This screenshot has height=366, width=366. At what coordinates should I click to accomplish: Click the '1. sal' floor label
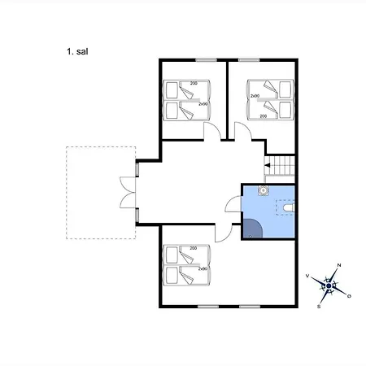(77, 50)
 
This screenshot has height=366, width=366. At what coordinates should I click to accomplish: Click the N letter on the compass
(339, 266)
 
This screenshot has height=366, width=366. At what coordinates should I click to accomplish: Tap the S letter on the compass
(320, 307)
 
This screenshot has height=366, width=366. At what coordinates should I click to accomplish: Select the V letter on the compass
(307, 277)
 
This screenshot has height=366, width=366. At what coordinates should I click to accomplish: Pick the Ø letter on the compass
(350, 295)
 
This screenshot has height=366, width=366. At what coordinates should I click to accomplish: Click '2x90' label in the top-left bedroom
(202, 103)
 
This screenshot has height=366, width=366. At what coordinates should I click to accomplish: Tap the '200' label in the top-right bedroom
(263, 116)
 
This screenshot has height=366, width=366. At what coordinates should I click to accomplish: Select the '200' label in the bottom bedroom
(194, 248)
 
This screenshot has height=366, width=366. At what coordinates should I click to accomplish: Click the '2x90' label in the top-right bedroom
(255, 97)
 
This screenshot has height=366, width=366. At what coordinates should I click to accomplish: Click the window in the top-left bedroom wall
(207, 59)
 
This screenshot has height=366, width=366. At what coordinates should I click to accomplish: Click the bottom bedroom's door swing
(222, 233)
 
